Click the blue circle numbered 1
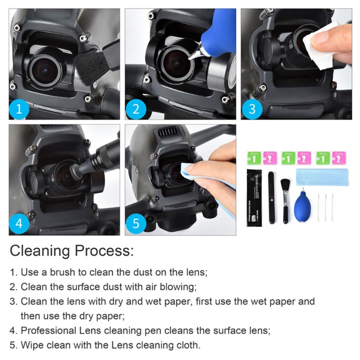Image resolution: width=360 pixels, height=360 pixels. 19,109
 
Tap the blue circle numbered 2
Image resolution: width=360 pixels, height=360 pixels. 135,109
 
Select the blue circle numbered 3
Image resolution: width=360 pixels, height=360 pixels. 252,109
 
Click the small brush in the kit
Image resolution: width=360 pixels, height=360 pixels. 285,198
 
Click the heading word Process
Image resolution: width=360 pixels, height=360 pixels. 103,251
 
